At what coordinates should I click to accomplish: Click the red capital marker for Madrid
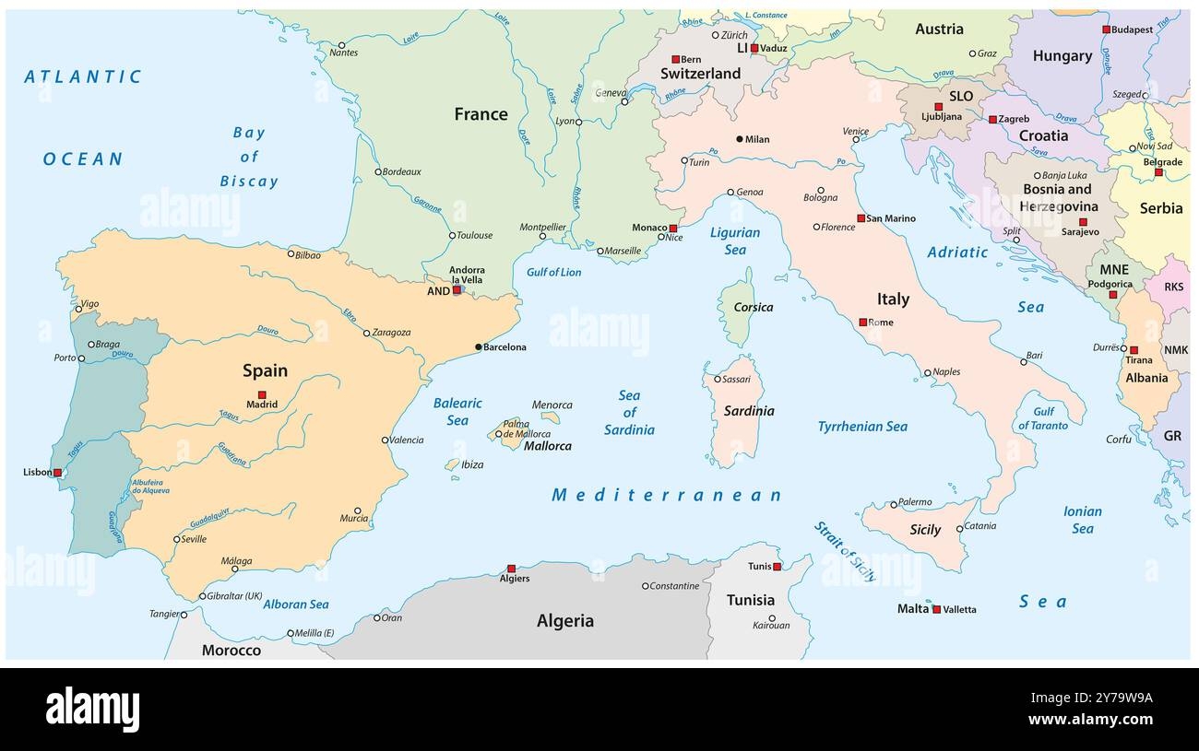click(262, 394)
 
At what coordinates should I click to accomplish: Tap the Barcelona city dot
click(478, 347)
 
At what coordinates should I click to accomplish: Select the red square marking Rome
click(862, 323)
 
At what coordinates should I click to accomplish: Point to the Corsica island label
click(753, 307)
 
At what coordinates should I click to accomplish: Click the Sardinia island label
click(748, 411)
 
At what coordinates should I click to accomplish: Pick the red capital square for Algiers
click(511, 569)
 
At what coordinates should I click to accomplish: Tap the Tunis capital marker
click(777, 567)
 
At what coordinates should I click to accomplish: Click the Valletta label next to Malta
click(959, 609)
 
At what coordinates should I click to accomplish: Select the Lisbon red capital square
click(57, 473)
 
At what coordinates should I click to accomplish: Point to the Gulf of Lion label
click(553, 272)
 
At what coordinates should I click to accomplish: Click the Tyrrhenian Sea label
click(862, 427)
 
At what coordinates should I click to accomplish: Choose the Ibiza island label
click(471, 464)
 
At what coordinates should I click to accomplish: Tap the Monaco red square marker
click(673, 228)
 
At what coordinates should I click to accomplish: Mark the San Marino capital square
click(861, 218)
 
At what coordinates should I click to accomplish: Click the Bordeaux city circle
click(378, 171)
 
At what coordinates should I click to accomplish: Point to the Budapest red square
click(1106, 29)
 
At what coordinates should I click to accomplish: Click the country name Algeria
click(564, 621)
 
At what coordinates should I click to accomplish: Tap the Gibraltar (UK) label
click(235, 596)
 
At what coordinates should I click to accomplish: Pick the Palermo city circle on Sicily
click(893, 504)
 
